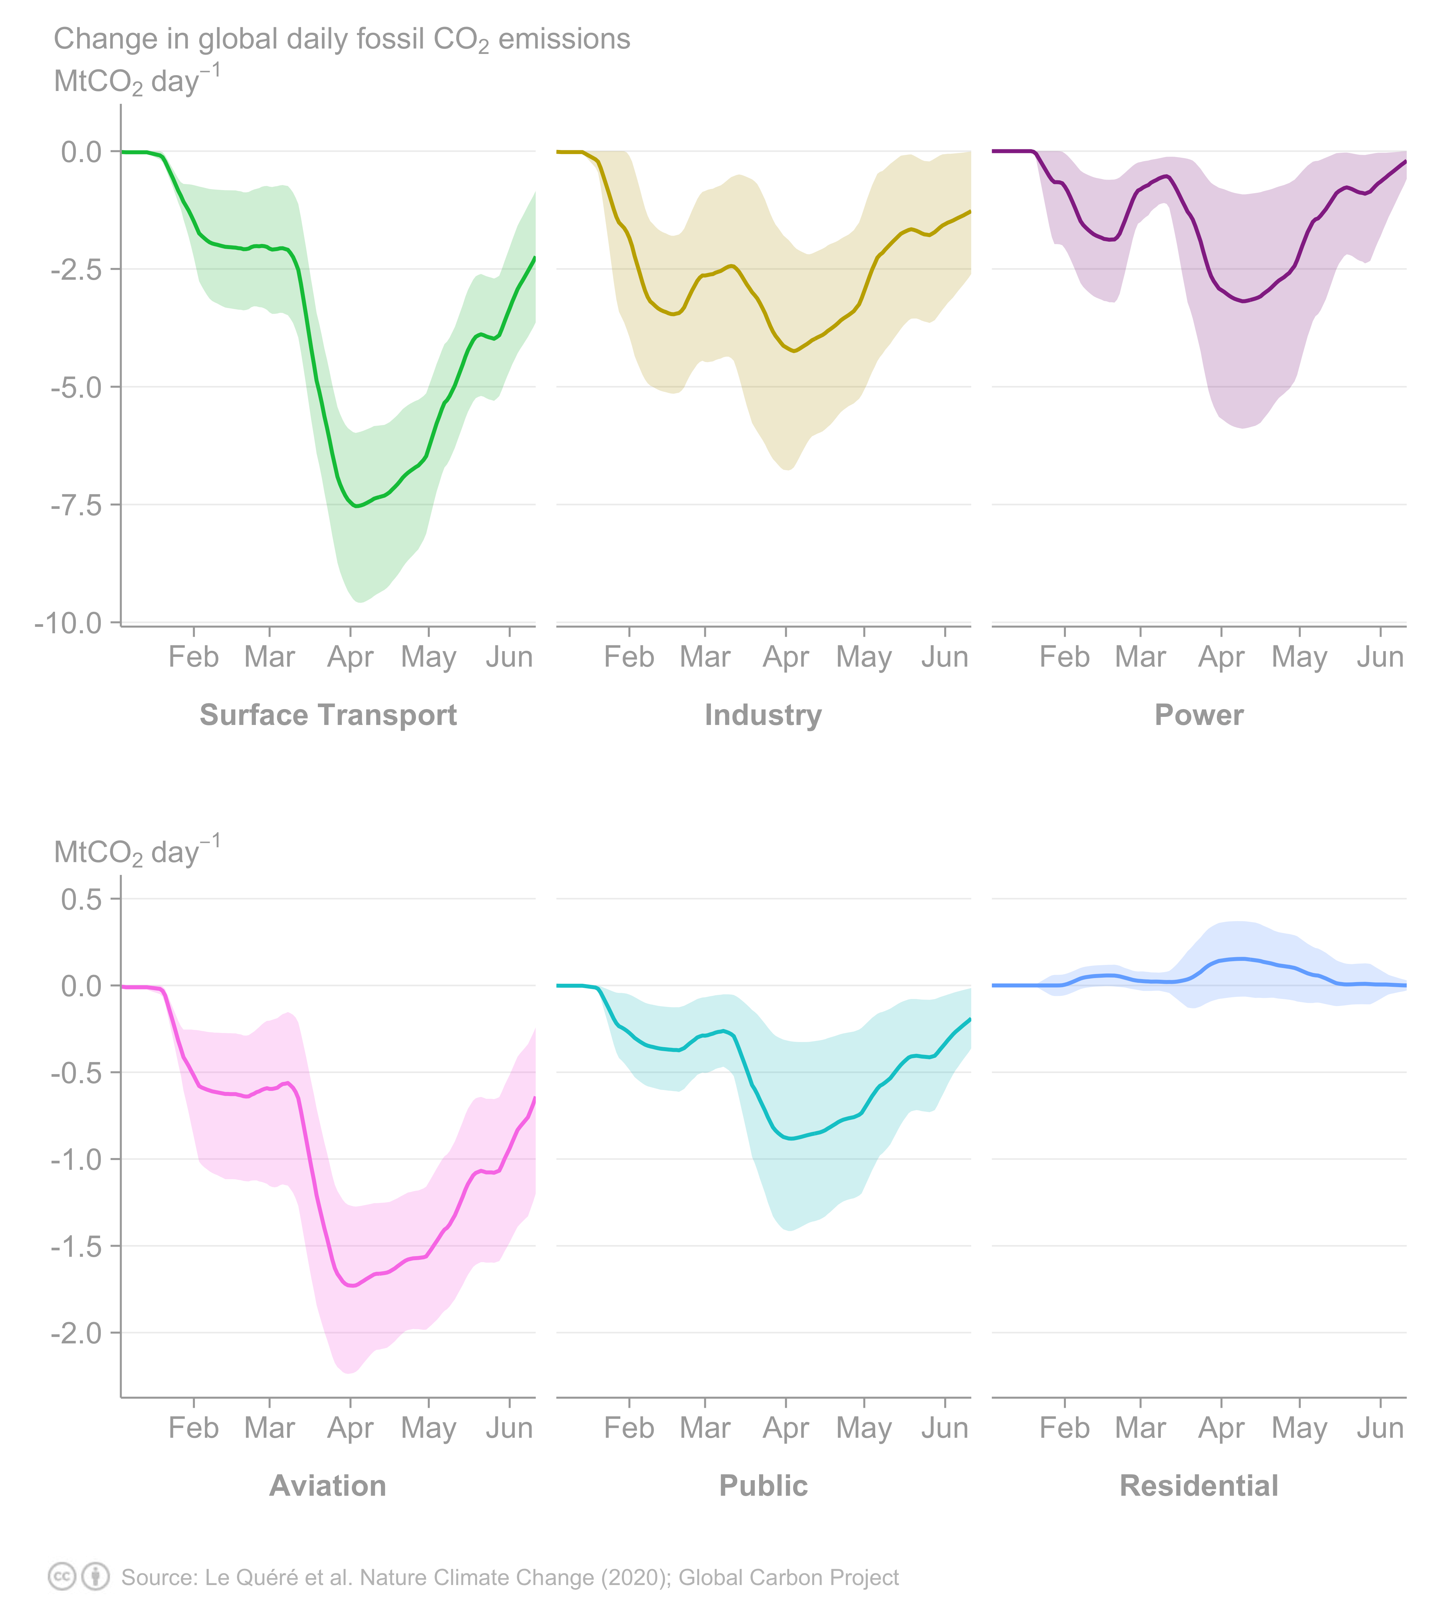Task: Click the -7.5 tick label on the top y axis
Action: click(77, 505)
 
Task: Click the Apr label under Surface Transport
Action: click(350, 657)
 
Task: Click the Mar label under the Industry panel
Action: click(704, 657)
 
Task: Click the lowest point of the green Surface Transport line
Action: click(357, 506)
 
